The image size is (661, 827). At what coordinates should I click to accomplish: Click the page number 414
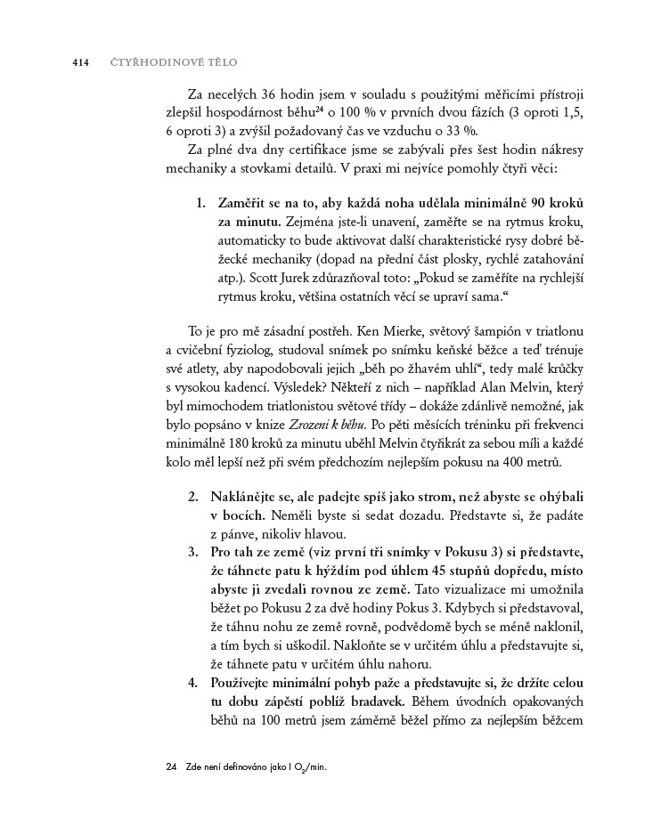pos(80,63)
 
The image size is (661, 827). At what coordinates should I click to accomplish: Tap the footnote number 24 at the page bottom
pos(172,766)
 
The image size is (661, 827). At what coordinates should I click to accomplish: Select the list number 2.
pos(192,495)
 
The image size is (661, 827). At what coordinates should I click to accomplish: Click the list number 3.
pos(192,554)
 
